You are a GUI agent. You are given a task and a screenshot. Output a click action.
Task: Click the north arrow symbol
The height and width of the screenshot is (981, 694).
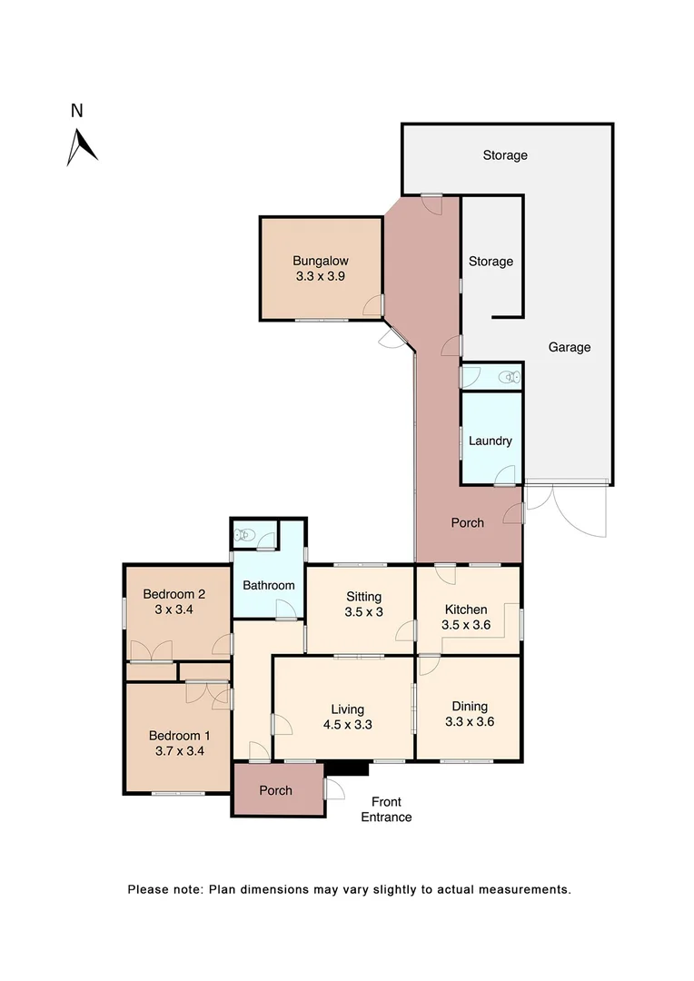pyautogui.click(x=81, y=147)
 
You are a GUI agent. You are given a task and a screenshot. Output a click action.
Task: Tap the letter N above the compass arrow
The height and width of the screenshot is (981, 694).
pyautogui.click(x=77, y=112)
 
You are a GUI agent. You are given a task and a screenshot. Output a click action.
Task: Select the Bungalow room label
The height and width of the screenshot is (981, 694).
pyautogui.click(x=321, y=260)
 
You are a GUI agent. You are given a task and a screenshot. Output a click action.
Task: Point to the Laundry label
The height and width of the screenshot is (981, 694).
pyautogui.click(x=491, y=441)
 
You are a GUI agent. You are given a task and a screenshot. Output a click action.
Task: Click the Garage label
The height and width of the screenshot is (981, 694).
pyautogui.click(x=570, y=347)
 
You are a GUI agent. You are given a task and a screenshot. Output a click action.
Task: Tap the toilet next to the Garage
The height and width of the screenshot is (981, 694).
pyautogui.click(x=511, y=376)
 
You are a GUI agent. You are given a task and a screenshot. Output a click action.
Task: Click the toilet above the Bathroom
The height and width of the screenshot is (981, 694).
pyautogui.click(x=243, y=535)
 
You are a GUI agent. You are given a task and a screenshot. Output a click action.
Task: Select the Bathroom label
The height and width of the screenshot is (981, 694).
pyautogui.click(x=269, y=585)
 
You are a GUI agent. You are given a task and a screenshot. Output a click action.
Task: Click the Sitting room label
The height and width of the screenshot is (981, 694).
pyautogui.click(x=363, y=597)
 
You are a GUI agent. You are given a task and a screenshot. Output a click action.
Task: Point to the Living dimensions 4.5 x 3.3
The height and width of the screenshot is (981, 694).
pyautogui.click(x=348, y=725)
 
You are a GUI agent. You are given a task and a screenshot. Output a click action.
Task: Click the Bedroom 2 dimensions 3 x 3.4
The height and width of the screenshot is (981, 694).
pyautogui.click(x=173, y=609)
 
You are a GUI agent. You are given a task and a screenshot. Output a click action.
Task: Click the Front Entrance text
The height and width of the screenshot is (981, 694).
pyautogui.click(x=386, y=809)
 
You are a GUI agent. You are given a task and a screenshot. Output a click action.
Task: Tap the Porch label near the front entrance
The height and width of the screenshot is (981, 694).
pyautogui.click(x=276, y=790)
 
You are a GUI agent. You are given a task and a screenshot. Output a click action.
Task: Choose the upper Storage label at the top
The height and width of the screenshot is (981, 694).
pyautogui.click(x=505, y=155)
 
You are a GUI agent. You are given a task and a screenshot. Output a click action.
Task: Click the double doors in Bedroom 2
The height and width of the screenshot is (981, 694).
pyautogui.click(x=150, y=650)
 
